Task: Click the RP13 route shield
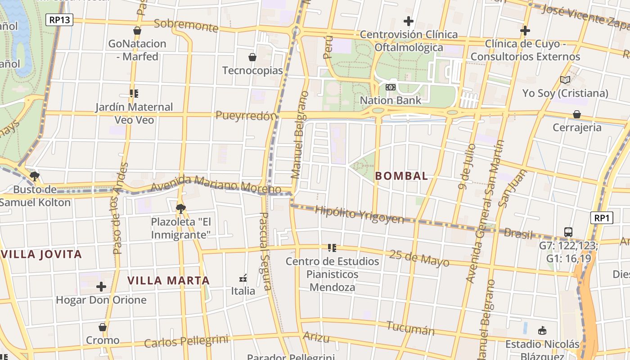(59, 20)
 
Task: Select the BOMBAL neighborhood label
(401, 176)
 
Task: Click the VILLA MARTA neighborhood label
(169, 280)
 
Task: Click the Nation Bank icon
(391, 87)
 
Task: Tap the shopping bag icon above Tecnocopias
(252, 57)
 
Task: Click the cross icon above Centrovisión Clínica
(408, 21)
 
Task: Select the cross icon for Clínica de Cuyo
(525, 31)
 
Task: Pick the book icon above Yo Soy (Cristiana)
(565, 80)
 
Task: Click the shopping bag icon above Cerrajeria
(577, 114)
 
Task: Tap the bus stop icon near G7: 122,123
(568, 232)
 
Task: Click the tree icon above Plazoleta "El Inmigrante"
(180, 208)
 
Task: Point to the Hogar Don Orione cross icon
(101, 287)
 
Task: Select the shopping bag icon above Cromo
(103, 327)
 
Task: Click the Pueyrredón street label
(246, 116)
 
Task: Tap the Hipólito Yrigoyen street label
(360, 214)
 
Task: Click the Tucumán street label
(410, 328)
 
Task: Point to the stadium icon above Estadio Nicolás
(542, 331)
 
